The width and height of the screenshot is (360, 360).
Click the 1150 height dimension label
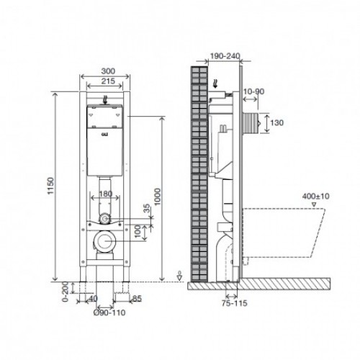point(51,186)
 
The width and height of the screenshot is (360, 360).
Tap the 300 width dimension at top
point(108,71)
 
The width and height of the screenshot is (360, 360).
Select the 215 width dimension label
point(108,81)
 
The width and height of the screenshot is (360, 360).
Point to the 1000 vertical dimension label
point(158,197)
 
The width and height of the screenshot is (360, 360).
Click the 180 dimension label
point(106,194)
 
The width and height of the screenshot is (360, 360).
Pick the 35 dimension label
point(146,208)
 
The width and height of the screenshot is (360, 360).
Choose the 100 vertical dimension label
point(138,231)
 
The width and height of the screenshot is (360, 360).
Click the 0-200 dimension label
point(66,292)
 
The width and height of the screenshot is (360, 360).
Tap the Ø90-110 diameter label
point(109,312)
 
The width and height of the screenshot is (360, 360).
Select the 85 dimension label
point(137,299)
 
